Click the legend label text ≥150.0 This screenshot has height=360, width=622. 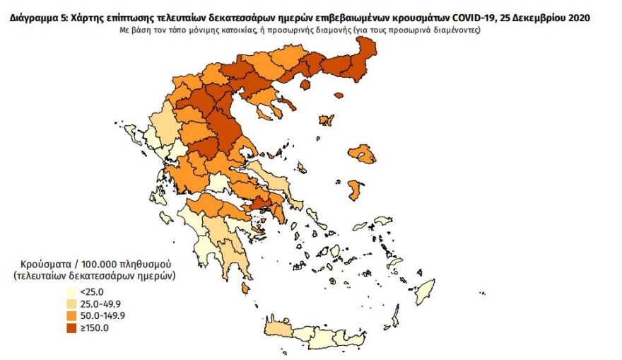point(93,327)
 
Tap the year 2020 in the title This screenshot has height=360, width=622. point(573,18)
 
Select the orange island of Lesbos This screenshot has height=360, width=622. point(362,154)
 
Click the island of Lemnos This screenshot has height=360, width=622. point(326,121)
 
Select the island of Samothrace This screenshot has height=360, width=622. point(339,95)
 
